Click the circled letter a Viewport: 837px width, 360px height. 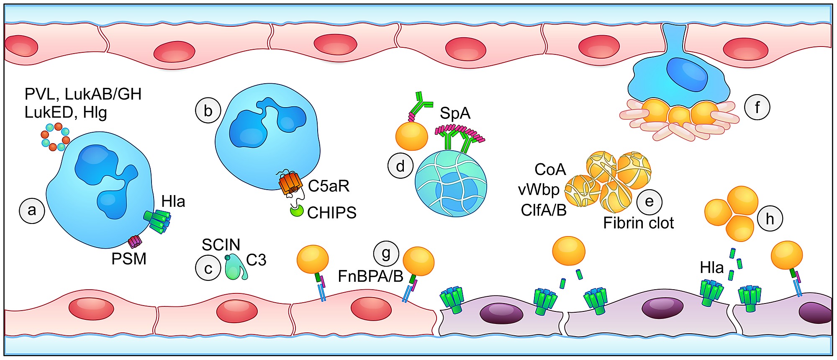pyautogui.click(x=32, y=211)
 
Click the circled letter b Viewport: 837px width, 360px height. pyautogui.click(x=208, y=111)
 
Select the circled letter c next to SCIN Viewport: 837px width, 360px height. pyautogui.click(x=208, y=268)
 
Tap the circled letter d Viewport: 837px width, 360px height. pyautogui.click(x=401, y=166)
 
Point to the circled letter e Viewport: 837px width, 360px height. pyautogui.click(x=649, y=202)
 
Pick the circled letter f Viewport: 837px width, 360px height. pyautogui.click(x=757, y=107)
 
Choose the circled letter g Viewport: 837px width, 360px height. pyautogui.click(x=386, y=253)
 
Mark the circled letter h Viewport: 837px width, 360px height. pyautogui.click(x=770, y=219)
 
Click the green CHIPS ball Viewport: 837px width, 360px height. pyautogui.click(x=297, y=211)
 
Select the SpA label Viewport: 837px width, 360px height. pyautogui.click(x=455, y=113)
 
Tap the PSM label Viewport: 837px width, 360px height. pyautogui.click(x=129, y=259)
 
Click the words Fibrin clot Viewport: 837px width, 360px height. pyautogui.click(x=638, y=223)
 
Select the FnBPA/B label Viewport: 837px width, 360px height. pyautogui.click(x=370, y=276)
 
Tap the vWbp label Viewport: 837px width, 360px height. pyautogui.click(x=538, y=190)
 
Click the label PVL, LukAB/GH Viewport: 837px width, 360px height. pyautogui.click(x=83, y=94)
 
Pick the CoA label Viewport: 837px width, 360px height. pyautogui.click(x=550, y=170)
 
